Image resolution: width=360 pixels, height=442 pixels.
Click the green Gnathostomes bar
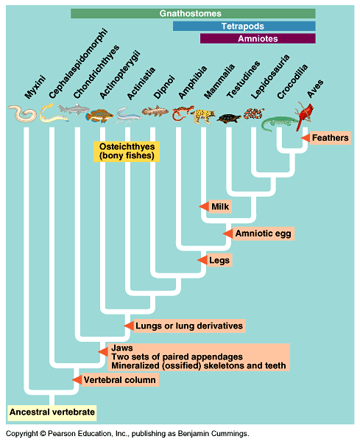tap(193, 13)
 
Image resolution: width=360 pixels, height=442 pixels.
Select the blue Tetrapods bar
tap(244, 27)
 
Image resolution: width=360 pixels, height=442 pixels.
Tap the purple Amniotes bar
tap(258, 38)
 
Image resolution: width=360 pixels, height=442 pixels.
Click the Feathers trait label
tap(330, 138)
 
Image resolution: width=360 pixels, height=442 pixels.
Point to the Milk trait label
tap(220, 206)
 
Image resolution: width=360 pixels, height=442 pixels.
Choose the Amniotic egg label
tap(264, 234)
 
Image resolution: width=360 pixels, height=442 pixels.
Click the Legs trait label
tap(219, 260)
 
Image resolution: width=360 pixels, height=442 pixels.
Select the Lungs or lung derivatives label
tap(189, 326)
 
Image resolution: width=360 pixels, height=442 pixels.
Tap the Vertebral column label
tap(120, 380)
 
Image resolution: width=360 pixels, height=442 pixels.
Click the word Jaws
tap(122, 348)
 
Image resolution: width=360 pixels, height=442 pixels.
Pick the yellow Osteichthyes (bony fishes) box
tap(127, 151)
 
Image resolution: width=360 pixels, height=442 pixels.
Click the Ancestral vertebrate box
tap(52, 412)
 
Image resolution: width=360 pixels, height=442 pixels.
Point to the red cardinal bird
tap(305, 115)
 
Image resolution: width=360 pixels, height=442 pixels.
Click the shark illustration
tap(73, 109)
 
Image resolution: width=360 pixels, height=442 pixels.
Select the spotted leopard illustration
tap(202, 116)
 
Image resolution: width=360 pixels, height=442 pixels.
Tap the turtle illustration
tap(229, 118)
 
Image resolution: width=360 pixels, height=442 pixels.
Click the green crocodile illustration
tap(279, 123)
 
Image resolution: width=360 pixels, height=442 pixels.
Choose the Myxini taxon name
tap(35, 87)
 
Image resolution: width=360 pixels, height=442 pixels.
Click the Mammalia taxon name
tap(219, 82)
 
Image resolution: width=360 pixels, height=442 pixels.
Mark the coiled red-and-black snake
tap(254, 114)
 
